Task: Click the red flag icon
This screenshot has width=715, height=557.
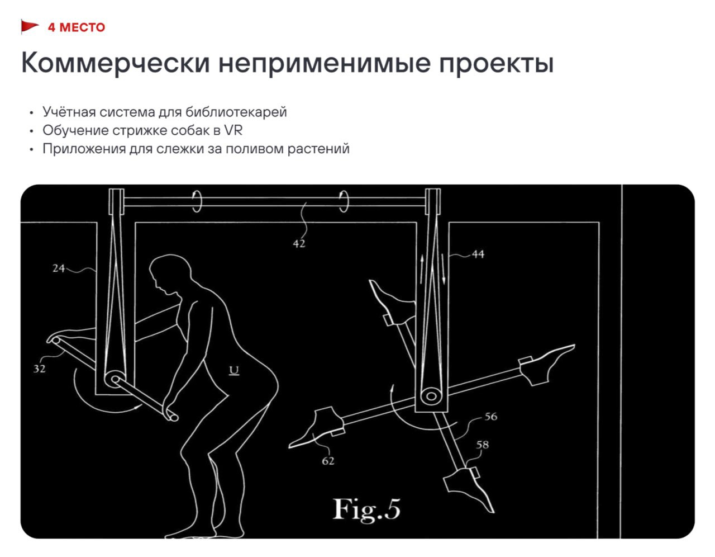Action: click(x=30, y=26)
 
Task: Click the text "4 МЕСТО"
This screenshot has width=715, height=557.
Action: click(x=77, y=27)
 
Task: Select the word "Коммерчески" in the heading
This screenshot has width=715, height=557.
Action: click(x=115, y=63)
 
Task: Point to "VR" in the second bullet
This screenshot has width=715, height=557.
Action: click(x=233, y=130)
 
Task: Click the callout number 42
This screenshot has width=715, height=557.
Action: click(x=299, y=244)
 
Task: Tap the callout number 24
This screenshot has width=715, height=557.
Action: click(x=59, y=268)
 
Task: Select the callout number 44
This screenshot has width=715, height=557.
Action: click(x=478, y=254)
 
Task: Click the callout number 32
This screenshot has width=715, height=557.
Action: click(x=39, y=369)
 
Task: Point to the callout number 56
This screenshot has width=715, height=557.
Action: click(x=490, y=417)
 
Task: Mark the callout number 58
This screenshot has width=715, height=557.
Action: click(x=482, y=445)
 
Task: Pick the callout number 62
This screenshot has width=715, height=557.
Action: click(x=328, y=461)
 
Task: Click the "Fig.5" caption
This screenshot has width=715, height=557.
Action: click(x=366, y=509)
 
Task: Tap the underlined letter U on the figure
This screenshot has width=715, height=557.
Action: click(x=234, y=370)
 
